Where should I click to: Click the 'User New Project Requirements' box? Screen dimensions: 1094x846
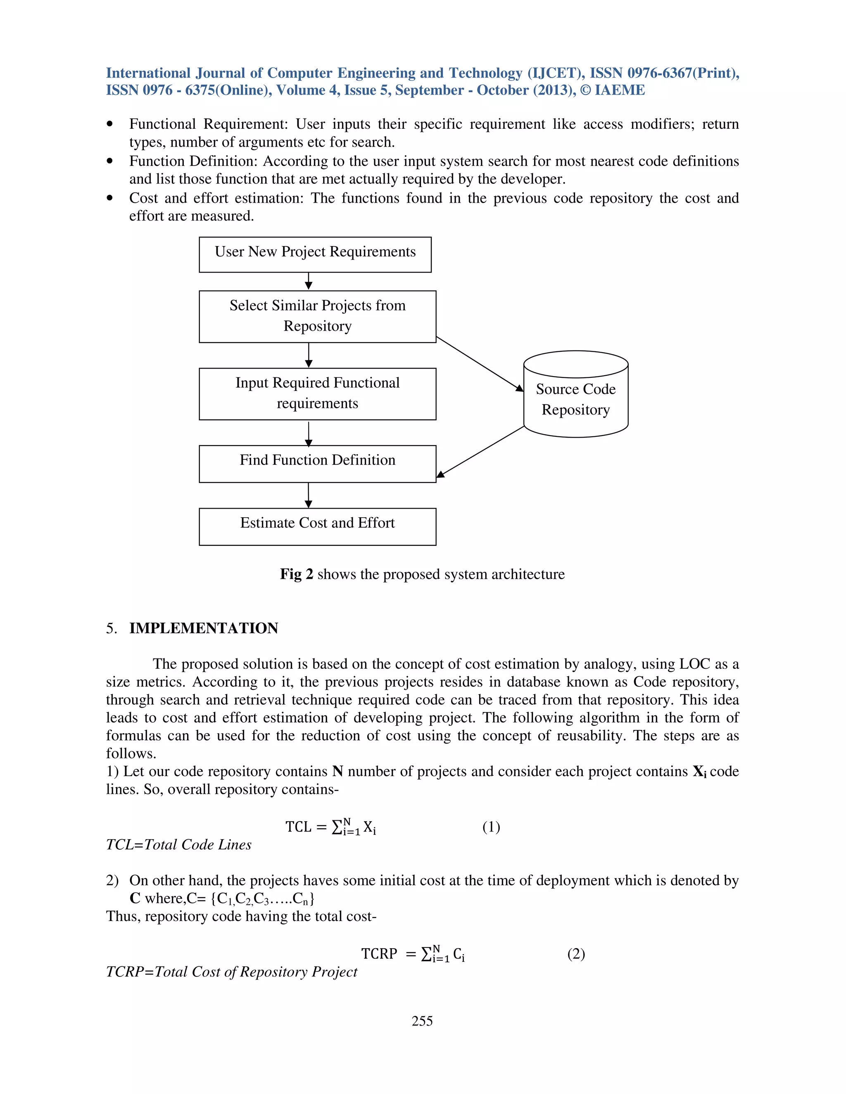(315, 254)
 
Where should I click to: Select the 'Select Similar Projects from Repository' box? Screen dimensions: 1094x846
(317, 317)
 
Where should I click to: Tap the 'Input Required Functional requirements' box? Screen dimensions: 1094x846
(317, 394)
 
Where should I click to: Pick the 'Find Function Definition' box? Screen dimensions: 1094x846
(317, 463)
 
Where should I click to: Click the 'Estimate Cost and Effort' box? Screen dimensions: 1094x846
(317, 526)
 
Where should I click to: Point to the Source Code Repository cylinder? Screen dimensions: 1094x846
(575, 395)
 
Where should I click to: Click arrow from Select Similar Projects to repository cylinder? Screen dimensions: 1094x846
(480, 364)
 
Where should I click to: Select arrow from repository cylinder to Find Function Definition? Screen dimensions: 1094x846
(480, 451)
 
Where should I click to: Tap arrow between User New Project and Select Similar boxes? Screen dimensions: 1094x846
(309, 281)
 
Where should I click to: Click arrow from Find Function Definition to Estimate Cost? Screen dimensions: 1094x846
(309, 495)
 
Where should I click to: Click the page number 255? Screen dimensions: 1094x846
(422, 1021)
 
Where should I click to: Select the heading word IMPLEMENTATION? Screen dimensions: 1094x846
(204, 628)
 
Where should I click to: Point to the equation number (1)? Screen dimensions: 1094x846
(491, 826)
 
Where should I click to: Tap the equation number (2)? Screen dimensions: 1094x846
(576, 954)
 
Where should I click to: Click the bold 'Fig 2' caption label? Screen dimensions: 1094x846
(296, 574)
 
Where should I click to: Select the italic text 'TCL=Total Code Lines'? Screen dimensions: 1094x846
(178, 845)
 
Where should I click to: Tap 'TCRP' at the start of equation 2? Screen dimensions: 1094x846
(379, 954)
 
